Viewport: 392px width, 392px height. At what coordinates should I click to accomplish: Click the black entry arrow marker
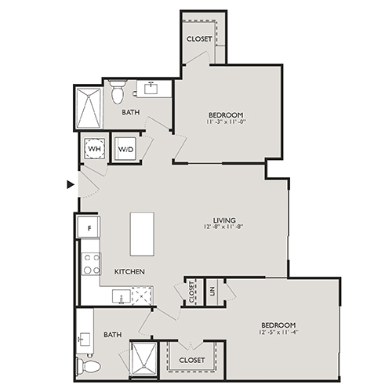pos(71,185)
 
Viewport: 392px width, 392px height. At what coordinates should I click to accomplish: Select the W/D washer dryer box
pos(125,149)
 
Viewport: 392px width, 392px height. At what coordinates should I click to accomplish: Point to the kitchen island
pos(142,233)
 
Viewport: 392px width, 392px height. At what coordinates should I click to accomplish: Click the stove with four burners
pos(92,263)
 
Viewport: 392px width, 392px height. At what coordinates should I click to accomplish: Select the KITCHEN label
pos(129,271)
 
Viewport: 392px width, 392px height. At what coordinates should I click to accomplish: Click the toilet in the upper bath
pos(118,94)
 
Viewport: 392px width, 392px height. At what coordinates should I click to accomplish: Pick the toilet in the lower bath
pos(90,366)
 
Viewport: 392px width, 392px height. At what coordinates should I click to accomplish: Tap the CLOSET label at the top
pos(198,38)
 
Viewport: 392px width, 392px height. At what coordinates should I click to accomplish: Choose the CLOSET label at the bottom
pos(192,360)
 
